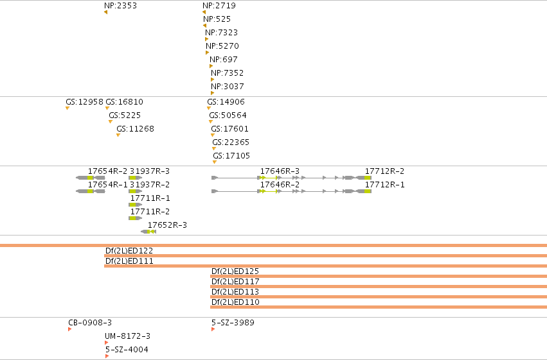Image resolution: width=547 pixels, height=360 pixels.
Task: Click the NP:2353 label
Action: pos(120,6)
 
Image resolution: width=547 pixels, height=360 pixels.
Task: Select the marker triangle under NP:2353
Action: pos(105,13)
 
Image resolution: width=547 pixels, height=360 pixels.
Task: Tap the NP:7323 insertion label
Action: pos(221,33)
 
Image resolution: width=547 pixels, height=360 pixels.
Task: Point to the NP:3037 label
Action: pos(227,87)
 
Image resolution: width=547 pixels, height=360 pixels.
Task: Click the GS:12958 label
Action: pos(84,102)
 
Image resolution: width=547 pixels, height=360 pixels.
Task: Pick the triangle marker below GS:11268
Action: pos(118,135)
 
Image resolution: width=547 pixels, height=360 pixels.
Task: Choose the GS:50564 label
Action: pos(228,116)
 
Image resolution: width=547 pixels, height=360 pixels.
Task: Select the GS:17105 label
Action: pos(231,156)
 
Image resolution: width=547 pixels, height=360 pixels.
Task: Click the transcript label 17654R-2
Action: pos(107,171)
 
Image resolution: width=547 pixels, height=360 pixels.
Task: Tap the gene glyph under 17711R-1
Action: pos(136,205)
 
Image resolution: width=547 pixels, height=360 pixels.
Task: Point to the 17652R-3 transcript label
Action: pos(167,225)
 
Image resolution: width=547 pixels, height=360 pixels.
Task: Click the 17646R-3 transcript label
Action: pos(280,171)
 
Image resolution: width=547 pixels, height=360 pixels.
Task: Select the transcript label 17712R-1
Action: pos(385,185)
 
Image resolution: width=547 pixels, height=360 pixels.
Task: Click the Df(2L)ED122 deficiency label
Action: pos(129,251)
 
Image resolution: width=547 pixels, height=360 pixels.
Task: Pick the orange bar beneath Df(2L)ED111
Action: pos(325,266)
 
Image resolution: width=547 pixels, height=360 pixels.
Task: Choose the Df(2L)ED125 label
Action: pos(235,271)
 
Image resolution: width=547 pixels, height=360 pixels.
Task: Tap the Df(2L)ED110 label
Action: pos(235,302)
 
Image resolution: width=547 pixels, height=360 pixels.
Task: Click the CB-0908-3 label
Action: pos(90,323)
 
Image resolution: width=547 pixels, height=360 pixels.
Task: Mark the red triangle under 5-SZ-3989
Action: pos(213,329)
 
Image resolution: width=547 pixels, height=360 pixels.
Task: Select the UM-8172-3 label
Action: pos(127,336)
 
